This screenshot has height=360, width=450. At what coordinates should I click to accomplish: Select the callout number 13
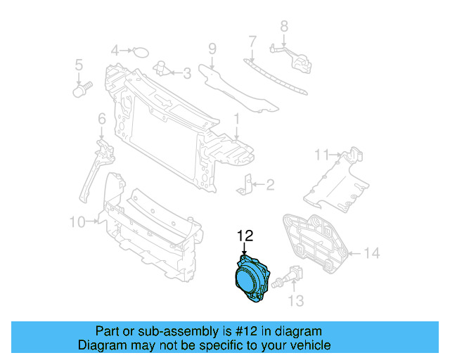click(296, 301)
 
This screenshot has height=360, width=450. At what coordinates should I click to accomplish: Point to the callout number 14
click(372, 252)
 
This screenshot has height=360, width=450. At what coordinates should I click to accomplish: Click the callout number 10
click(77, 222)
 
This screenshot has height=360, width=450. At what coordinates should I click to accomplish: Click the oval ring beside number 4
click(141, 51)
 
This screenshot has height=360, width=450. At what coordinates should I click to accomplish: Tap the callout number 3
click(186, 72)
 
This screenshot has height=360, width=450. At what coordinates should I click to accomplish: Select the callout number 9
click(211, 49)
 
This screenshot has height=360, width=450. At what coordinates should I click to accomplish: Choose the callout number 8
click(284, 27)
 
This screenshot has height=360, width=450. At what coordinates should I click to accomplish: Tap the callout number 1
click(237, 118)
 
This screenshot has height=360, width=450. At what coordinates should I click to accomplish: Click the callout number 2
click(270, 185)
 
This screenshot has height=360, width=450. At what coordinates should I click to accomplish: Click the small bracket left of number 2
click(246, 184)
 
